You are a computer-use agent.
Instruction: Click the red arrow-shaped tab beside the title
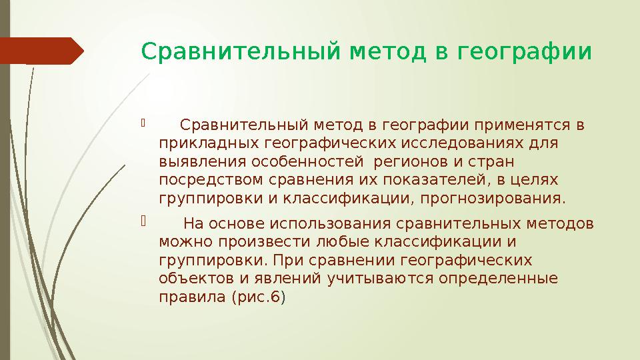pos(41,51)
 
